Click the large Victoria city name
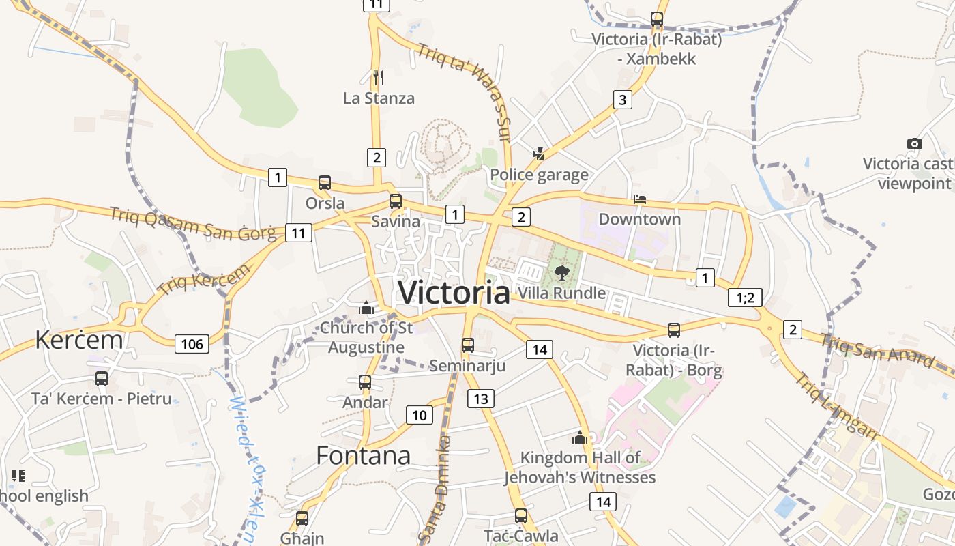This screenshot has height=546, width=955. coord(454,293)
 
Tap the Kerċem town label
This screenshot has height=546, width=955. coord(79,339)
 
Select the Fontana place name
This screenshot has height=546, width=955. coord(363,455)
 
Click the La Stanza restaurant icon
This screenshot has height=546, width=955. coord(379,78)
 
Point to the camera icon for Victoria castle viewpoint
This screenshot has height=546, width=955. coord(915,143)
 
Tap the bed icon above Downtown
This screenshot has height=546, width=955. coord(640,199)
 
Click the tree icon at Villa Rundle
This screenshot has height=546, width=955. coord(561,274)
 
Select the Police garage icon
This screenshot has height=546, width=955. coord(539,154)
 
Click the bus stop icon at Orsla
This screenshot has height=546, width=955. coord(325,183)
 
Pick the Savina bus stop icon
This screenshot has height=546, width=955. coord(396,201)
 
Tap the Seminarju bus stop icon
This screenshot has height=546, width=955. coord(467,345)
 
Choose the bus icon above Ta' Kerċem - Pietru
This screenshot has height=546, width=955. coord(102,378)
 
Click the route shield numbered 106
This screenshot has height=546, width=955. coord(192,343)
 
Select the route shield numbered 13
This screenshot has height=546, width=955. coord(481,399)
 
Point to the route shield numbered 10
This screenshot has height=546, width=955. coord(420,414)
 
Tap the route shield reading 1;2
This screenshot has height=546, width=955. coord(745,298)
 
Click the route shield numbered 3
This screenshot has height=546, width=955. coord(622,100)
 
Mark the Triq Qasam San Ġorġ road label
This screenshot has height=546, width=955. coord(193,224)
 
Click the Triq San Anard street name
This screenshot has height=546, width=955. coord(877,350)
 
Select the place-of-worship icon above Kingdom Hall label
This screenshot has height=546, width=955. coord(580,437)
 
